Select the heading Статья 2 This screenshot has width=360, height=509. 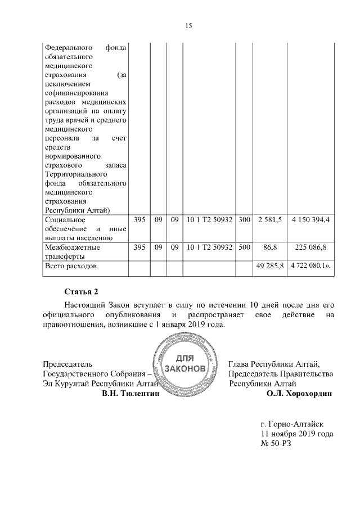pyautogui.click(x=82, y=291)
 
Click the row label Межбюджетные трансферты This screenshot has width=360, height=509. pyautogui.click(x=72, y=251)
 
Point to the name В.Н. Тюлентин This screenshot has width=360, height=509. pyautogui.click(x=131, y=394)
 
